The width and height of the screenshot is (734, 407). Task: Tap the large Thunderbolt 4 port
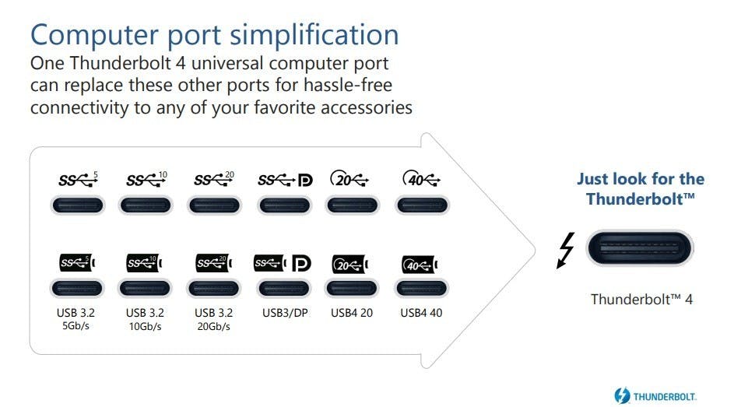[x=639, y=249]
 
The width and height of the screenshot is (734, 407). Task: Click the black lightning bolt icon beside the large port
[x=566, y=250]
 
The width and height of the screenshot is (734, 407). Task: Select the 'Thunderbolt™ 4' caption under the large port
[x=641, y=299]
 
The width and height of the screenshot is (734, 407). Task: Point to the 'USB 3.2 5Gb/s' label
[x=77, y=319]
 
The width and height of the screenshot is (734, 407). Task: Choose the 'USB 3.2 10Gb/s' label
[x=144, y=319]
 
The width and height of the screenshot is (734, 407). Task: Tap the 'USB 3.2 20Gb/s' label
[x=213, y=319]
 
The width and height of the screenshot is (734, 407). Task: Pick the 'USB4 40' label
[x=421, y=313]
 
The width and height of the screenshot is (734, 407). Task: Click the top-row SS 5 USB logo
[x=79, y=180]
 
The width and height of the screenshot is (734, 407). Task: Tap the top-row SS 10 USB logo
[x=146, y=180]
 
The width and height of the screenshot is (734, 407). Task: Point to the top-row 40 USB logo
[x=422, y=180]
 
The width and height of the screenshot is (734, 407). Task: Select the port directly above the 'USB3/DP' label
[x=283, y=289]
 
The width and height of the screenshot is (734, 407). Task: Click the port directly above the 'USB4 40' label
[x=421, y=289]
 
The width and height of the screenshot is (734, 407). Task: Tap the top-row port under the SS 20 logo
[x=214, y=206]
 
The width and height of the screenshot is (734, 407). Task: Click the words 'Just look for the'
[x=640, y=179]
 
